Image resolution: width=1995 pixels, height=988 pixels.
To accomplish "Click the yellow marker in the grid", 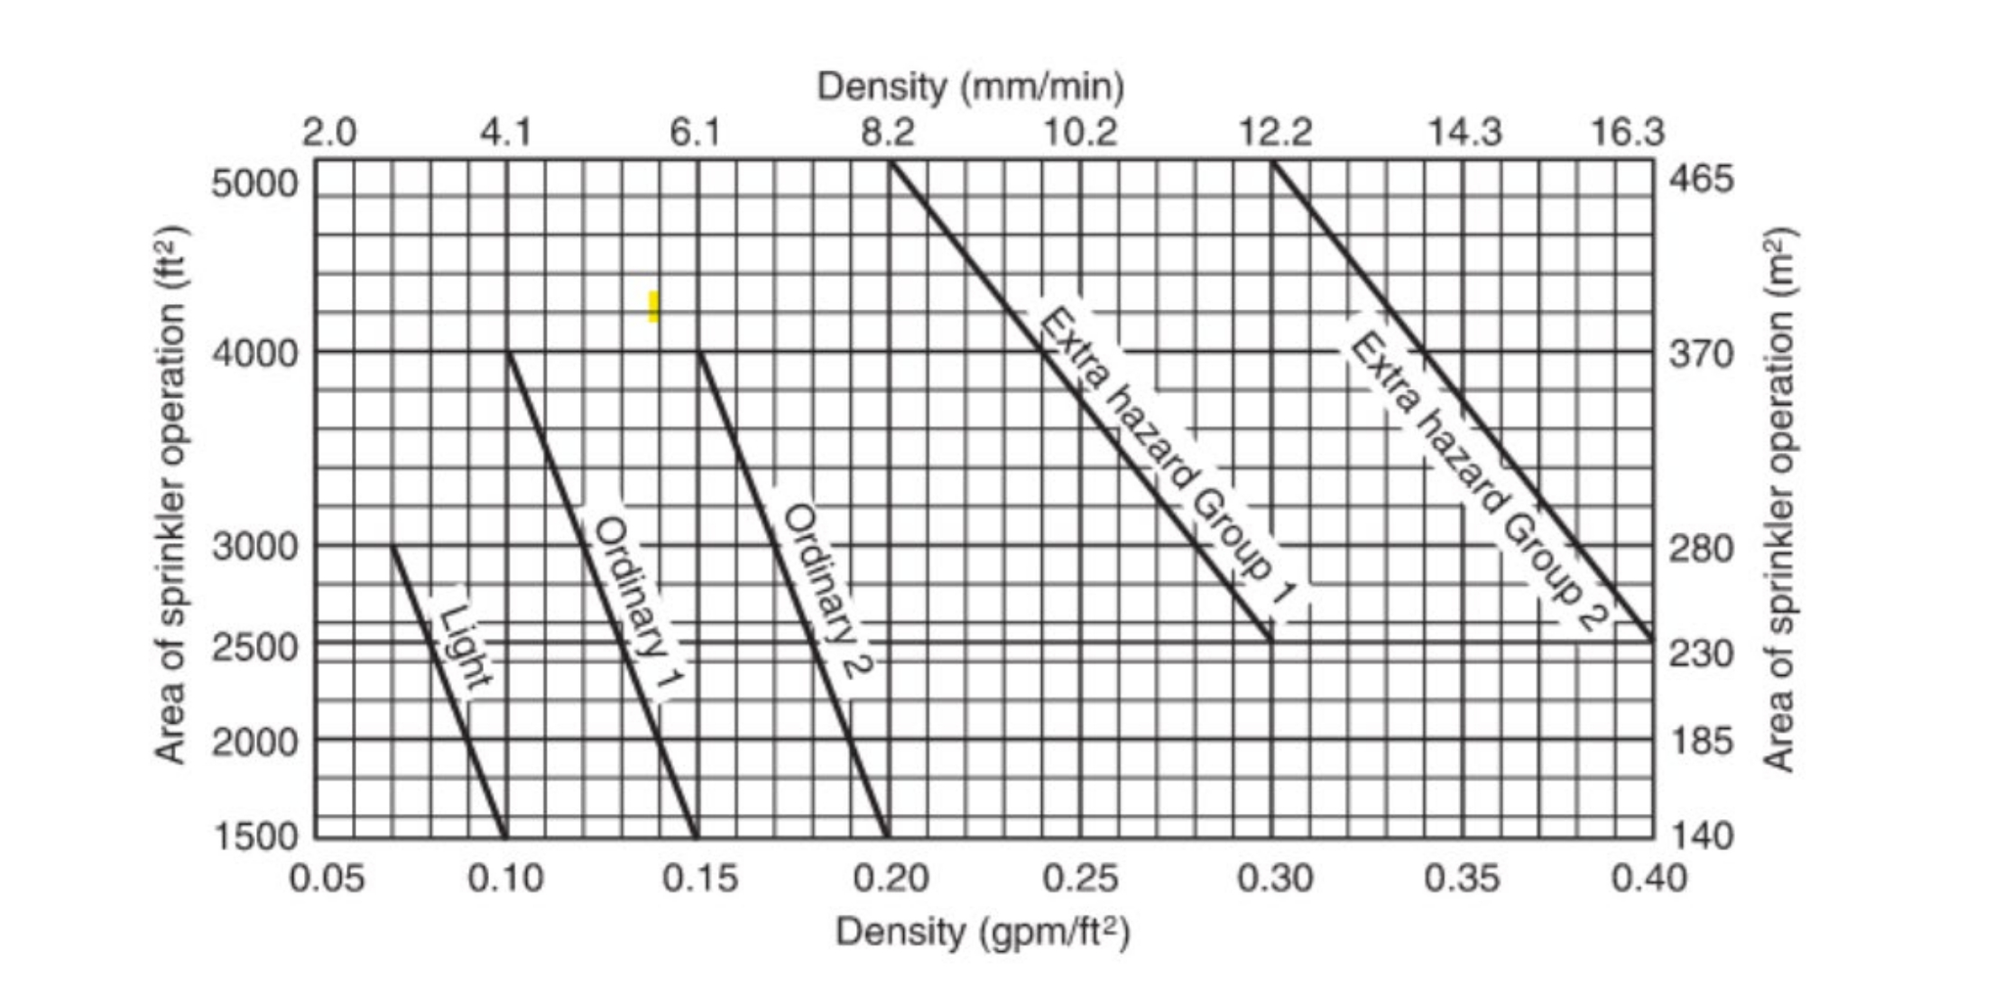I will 653,306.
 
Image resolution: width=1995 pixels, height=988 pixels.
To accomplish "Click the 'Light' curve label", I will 466,646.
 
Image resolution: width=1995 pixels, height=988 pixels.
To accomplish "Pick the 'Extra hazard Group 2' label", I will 1478,482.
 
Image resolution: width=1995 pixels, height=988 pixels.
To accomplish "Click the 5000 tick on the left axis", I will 254,183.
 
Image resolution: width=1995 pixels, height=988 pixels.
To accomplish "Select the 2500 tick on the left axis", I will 254,647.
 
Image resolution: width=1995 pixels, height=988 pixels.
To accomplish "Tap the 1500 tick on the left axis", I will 254,836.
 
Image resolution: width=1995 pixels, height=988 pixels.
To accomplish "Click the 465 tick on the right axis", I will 1700,179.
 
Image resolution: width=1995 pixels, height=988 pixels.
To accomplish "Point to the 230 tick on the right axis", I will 1700,653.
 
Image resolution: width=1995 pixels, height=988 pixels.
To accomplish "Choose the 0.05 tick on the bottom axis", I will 326,878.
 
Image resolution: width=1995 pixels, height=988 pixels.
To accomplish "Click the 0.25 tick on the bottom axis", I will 1080,878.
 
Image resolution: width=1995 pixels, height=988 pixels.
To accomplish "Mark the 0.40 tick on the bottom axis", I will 1648,878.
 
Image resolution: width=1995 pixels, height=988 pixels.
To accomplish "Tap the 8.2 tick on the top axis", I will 888,134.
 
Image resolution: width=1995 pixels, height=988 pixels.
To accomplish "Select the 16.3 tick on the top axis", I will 1626,134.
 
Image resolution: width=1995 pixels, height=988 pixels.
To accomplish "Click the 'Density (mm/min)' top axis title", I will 970,87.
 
